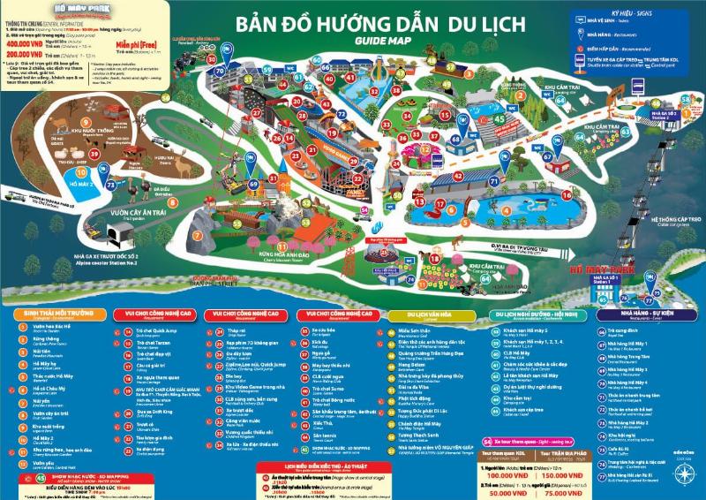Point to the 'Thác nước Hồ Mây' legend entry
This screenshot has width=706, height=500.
(45, 375)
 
